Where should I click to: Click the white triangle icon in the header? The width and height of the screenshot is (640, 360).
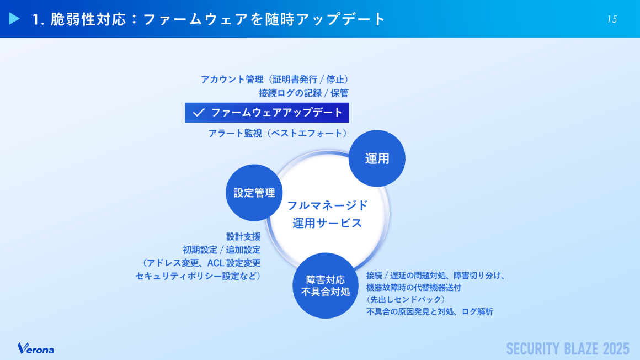[15, 19]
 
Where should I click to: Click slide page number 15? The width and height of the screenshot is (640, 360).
[612, 19]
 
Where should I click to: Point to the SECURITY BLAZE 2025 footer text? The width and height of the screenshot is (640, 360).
[568, 348]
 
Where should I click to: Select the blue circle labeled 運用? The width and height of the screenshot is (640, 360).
[377, 158]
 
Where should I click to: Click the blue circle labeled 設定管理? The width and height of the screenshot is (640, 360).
[254, 193]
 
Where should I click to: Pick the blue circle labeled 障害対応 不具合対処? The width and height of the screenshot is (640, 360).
[326, 285]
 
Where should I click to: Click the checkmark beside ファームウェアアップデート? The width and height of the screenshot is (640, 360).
[199, 113]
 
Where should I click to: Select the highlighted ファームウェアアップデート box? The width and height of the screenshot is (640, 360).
[267, 113]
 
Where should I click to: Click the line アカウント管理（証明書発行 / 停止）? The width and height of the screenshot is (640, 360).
[275, 80]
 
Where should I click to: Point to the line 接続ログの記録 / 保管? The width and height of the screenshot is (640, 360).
[303, 93]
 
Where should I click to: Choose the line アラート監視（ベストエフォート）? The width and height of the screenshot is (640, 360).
[278, 133]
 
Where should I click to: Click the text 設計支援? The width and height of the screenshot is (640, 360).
[243, 236]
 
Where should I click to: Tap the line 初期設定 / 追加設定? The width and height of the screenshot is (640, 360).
[221, 250]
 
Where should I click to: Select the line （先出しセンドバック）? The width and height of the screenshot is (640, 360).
[406, 299]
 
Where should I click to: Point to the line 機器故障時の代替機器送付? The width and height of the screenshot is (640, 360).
[414, 287]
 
